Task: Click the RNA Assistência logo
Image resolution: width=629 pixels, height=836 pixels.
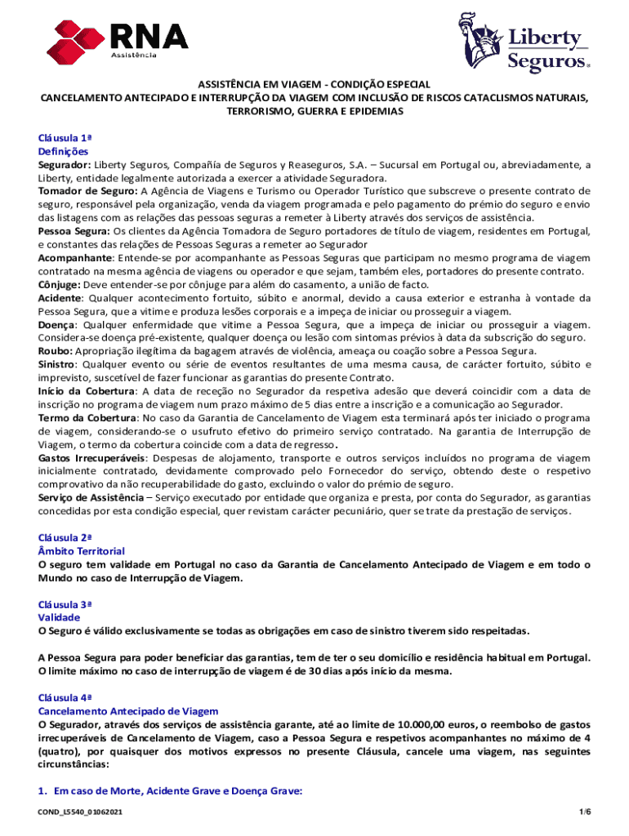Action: click(x=118, y=38)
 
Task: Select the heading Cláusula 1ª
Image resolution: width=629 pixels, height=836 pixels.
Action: click(x=65, y=138)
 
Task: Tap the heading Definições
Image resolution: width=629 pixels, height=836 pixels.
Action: click(x=64, y=151)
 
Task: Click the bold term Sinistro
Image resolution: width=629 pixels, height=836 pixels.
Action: click(x=59, y=363)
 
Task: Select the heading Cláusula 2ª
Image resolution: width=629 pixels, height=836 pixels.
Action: click(x=65, y=538)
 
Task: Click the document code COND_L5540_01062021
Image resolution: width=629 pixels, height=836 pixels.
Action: click(x=81, y=814)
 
